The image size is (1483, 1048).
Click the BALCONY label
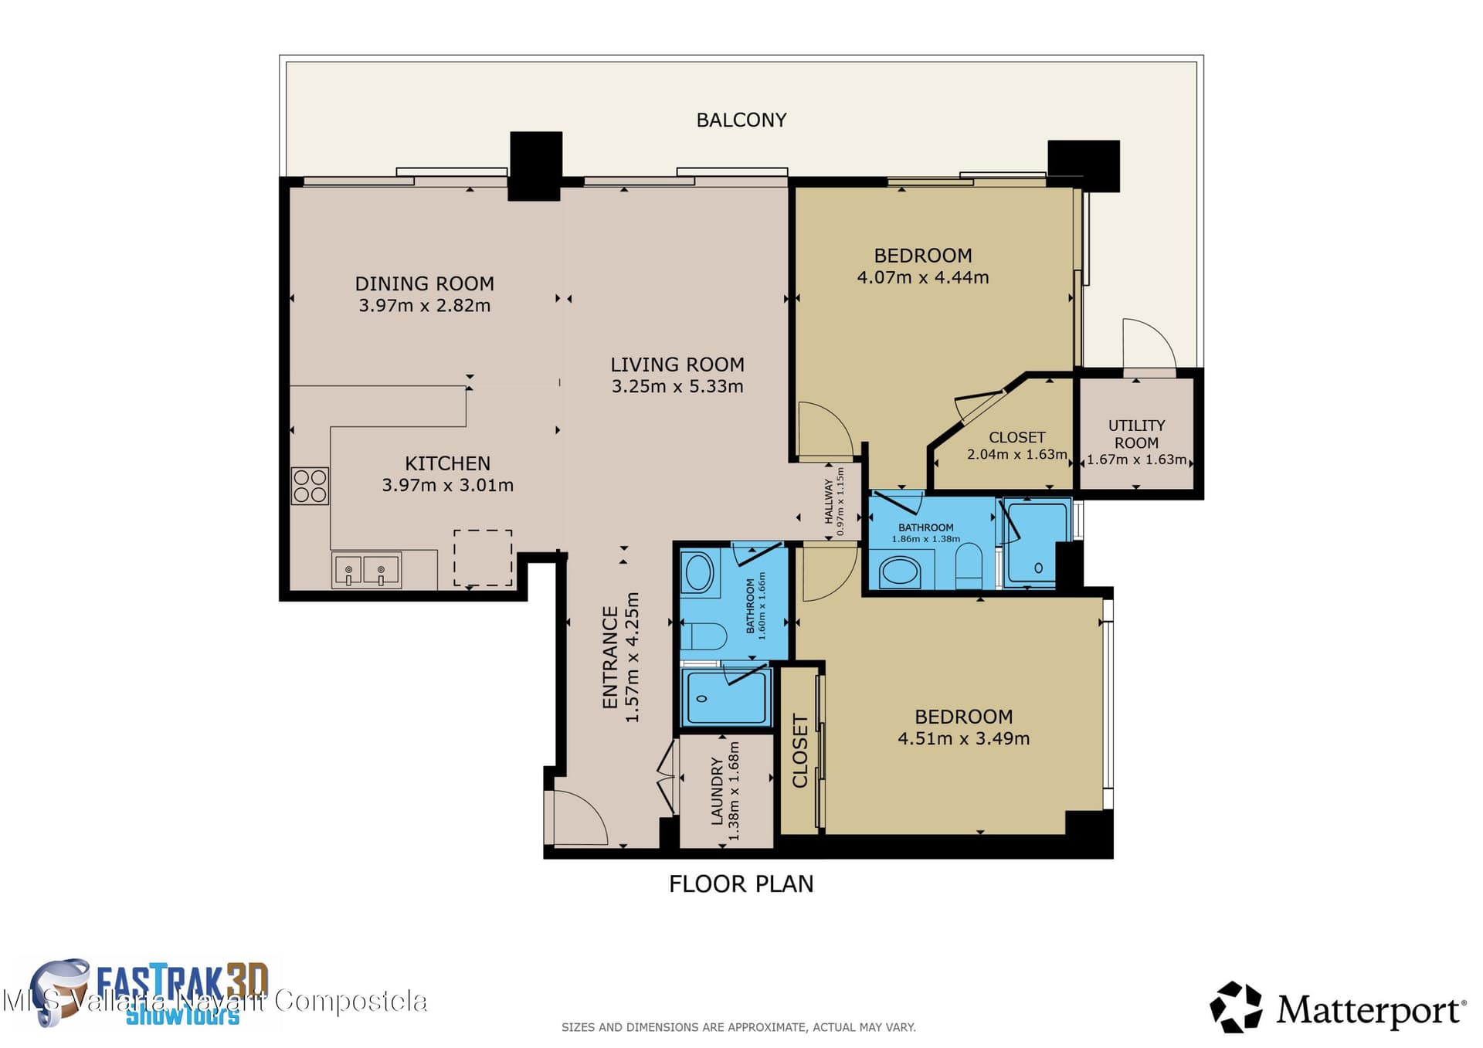tap(741, 120)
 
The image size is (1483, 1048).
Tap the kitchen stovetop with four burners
tap(310, 486)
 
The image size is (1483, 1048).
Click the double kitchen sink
tap(366, 570)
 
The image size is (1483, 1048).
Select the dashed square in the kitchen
tap(483, 558)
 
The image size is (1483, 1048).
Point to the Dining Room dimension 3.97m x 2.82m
tap(425, 306)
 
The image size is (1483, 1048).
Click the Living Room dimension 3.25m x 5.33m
tap(677, 386)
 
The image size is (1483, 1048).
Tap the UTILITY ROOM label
tap(1136, 434)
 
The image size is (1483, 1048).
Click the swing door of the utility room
tap(1149, 345)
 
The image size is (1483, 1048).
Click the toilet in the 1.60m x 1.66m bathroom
tap(704, 636)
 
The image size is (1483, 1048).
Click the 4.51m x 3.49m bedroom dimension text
tap(963, 738)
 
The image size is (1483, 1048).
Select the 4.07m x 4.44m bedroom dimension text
tap(923, 277)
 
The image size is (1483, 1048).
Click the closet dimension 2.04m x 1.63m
tap(1017, 454)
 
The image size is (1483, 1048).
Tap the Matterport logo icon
tap(1236, 1006)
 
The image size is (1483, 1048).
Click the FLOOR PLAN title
tap(741, 884)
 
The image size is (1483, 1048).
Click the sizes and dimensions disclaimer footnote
tap(738, 1027)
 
